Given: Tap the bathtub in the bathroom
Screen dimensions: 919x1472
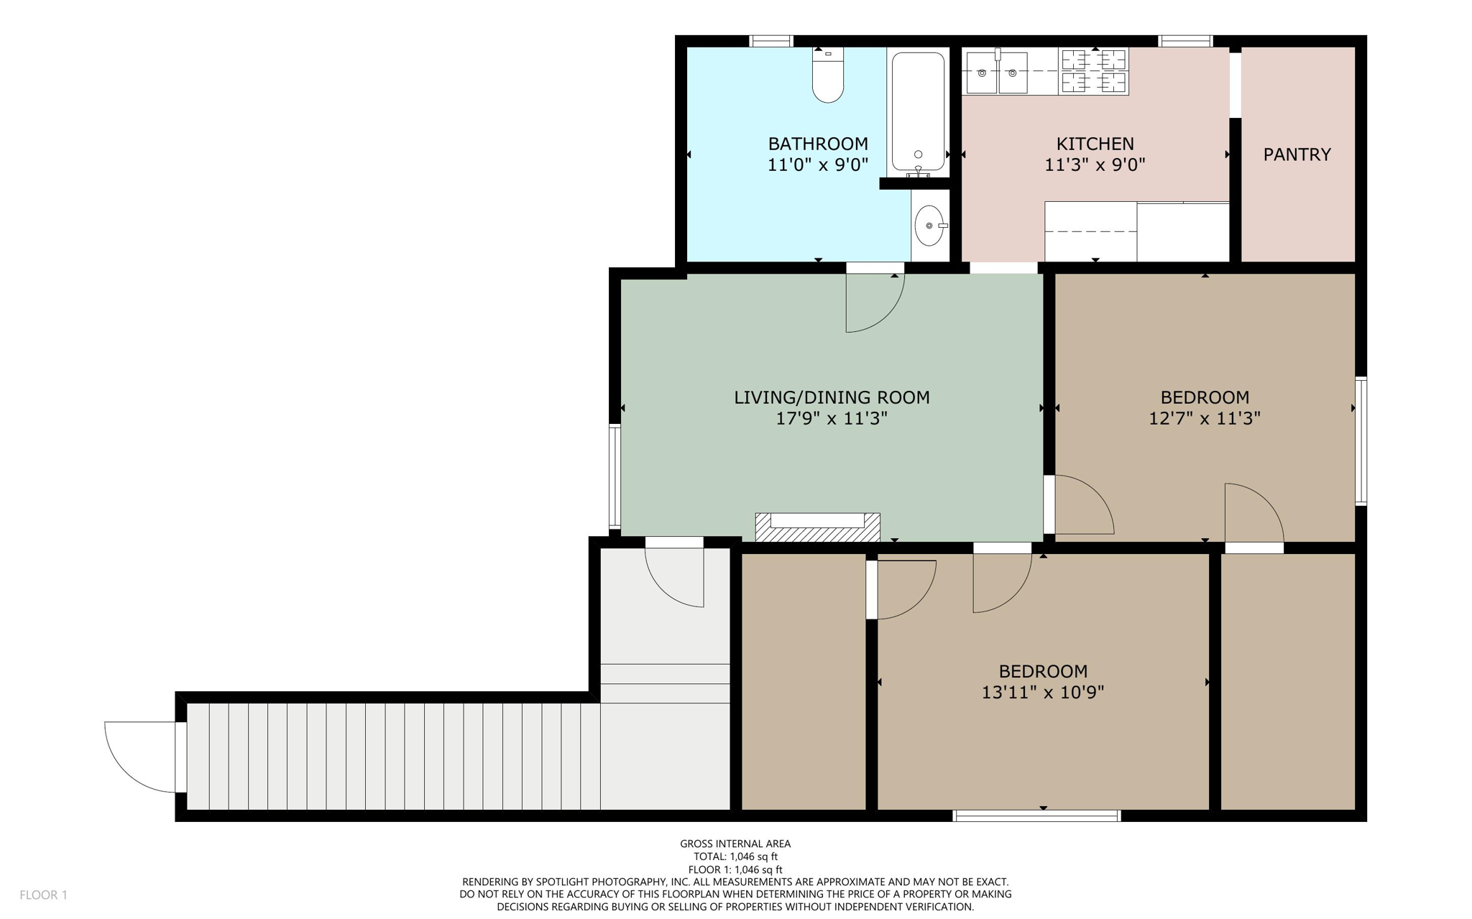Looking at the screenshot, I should tap(918, 111).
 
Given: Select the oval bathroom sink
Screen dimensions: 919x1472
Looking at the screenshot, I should tap(929, 226).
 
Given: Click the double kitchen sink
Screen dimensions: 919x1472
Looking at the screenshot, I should tap(996, 73).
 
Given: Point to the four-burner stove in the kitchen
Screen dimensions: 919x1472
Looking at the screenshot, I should tap(1093, 72).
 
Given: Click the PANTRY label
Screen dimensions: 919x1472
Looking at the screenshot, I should tap(1297, 154).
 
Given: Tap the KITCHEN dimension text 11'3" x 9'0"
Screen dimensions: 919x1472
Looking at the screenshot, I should tap(1094, 165).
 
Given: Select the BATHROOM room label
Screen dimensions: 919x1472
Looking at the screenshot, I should tap(818, 144).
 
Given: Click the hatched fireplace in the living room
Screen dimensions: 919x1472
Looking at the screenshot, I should tap(817, 528).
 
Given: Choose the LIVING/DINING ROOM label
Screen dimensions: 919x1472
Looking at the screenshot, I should tap(832, 397).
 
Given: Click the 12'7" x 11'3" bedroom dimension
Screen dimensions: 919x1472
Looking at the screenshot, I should tap(1205, 418).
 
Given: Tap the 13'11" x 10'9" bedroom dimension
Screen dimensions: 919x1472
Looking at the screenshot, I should tap(1042, 693).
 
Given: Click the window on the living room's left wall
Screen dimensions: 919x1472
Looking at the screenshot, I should tap(615, 476).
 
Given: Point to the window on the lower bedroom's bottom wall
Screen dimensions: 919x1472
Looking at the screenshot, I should tap(1036, 816).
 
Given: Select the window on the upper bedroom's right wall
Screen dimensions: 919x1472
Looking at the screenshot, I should tap(1361, 440).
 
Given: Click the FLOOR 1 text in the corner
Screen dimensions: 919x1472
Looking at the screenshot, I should tap(43, 895).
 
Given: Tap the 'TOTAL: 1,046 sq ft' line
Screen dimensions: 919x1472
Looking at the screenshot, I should tap(735, 856).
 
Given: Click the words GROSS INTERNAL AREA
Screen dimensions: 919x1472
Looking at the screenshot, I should tap(735, 844).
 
